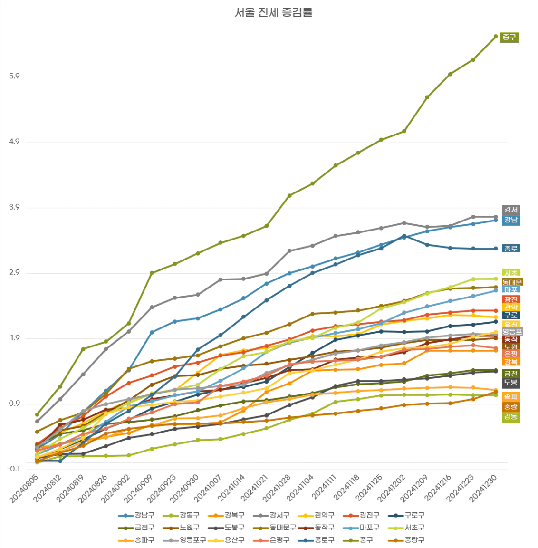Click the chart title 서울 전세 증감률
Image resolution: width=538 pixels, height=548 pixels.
point(273,12)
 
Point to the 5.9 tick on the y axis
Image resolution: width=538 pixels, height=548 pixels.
point(15,77)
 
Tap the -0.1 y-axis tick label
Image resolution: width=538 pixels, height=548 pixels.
point(14,469)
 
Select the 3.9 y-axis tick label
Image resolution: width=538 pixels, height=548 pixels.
point(15,207)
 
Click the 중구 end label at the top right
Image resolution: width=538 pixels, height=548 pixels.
point(509,37)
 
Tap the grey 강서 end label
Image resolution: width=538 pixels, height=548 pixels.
point(511,210)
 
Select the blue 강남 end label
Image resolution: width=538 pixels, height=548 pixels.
point(511,220)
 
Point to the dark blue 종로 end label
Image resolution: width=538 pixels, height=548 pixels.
point(511,248)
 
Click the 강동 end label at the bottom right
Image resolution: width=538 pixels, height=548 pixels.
point(511,417)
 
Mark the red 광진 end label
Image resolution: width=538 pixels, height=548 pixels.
point(511,299)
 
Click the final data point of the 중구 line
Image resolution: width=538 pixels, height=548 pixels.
point(496,36)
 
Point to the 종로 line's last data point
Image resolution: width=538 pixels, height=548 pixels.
point(496,249)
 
